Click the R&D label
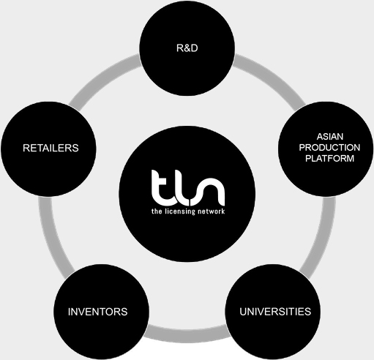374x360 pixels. click(187, 48)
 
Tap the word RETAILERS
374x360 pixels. click(51, 148)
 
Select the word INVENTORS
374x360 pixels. click(97, 312)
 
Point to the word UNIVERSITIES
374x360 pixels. click(275, 312)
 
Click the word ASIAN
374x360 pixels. click(330, 137)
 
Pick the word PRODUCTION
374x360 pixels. click(329, 148)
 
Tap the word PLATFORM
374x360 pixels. click(329, 159)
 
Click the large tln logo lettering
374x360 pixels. click(188, 188)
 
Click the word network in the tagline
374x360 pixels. click(211, 211)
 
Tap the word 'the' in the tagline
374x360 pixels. click(157, 211)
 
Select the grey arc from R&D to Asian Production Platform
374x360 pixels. click(272, 78)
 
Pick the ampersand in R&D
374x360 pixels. click(187, 48)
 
